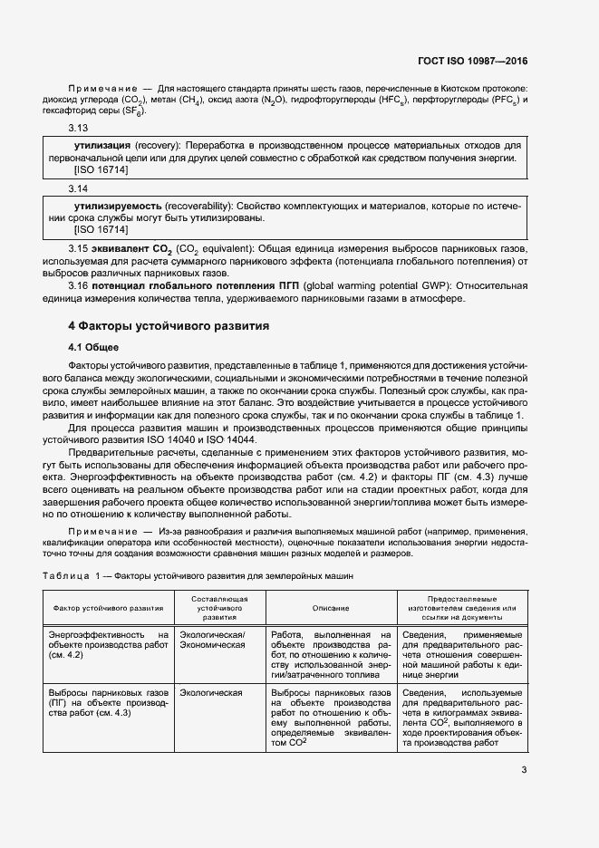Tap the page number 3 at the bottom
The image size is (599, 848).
coord(525,771)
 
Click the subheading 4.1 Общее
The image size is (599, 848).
coord(93,347)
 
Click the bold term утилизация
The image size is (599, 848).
coord(102,146)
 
